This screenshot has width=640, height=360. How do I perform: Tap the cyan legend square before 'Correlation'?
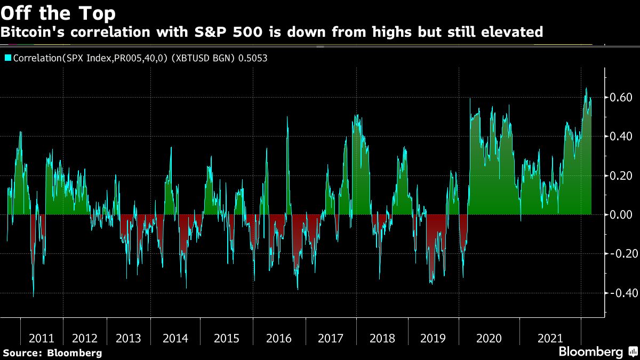click(x=7, y=58)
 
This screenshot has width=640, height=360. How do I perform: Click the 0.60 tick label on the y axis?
click(x=621, y=98)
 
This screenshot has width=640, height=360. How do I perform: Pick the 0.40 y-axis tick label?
click(x=621, y=137)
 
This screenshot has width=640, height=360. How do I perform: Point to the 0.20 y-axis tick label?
click(x=621, y=175)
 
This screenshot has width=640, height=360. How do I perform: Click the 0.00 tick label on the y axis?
click(x=621, y=214)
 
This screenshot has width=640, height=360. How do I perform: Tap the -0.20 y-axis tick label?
click(x=619, y=254)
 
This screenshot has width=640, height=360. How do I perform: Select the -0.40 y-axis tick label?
click(x=619, y=293)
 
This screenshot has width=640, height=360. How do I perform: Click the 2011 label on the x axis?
click(x=42, y=338)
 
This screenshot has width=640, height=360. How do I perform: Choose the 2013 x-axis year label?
click(x=129, y=338)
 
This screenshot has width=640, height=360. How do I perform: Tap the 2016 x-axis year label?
click(x=279, y=338)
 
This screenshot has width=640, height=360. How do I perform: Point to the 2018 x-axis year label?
click(x=382, y=338)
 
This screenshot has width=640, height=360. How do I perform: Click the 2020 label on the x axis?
click(x=489, y=338)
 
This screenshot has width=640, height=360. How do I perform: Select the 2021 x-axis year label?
click(x=550, y=338)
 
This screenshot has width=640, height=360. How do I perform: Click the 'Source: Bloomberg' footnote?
click(x=52, y=353)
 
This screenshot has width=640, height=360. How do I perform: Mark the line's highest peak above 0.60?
click(x=586, y=89)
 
